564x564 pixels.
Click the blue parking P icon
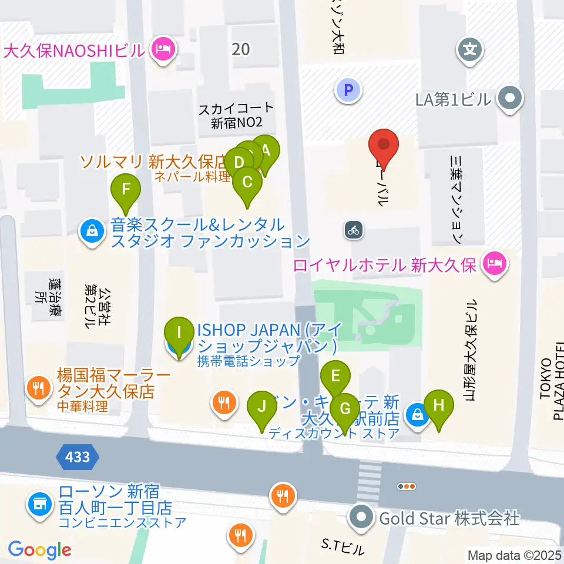349,90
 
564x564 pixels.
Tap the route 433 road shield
78,456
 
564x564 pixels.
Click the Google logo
39,550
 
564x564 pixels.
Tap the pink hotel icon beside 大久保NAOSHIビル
162,49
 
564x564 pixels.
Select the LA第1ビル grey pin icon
509,99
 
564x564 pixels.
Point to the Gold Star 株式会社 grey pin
362,518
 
